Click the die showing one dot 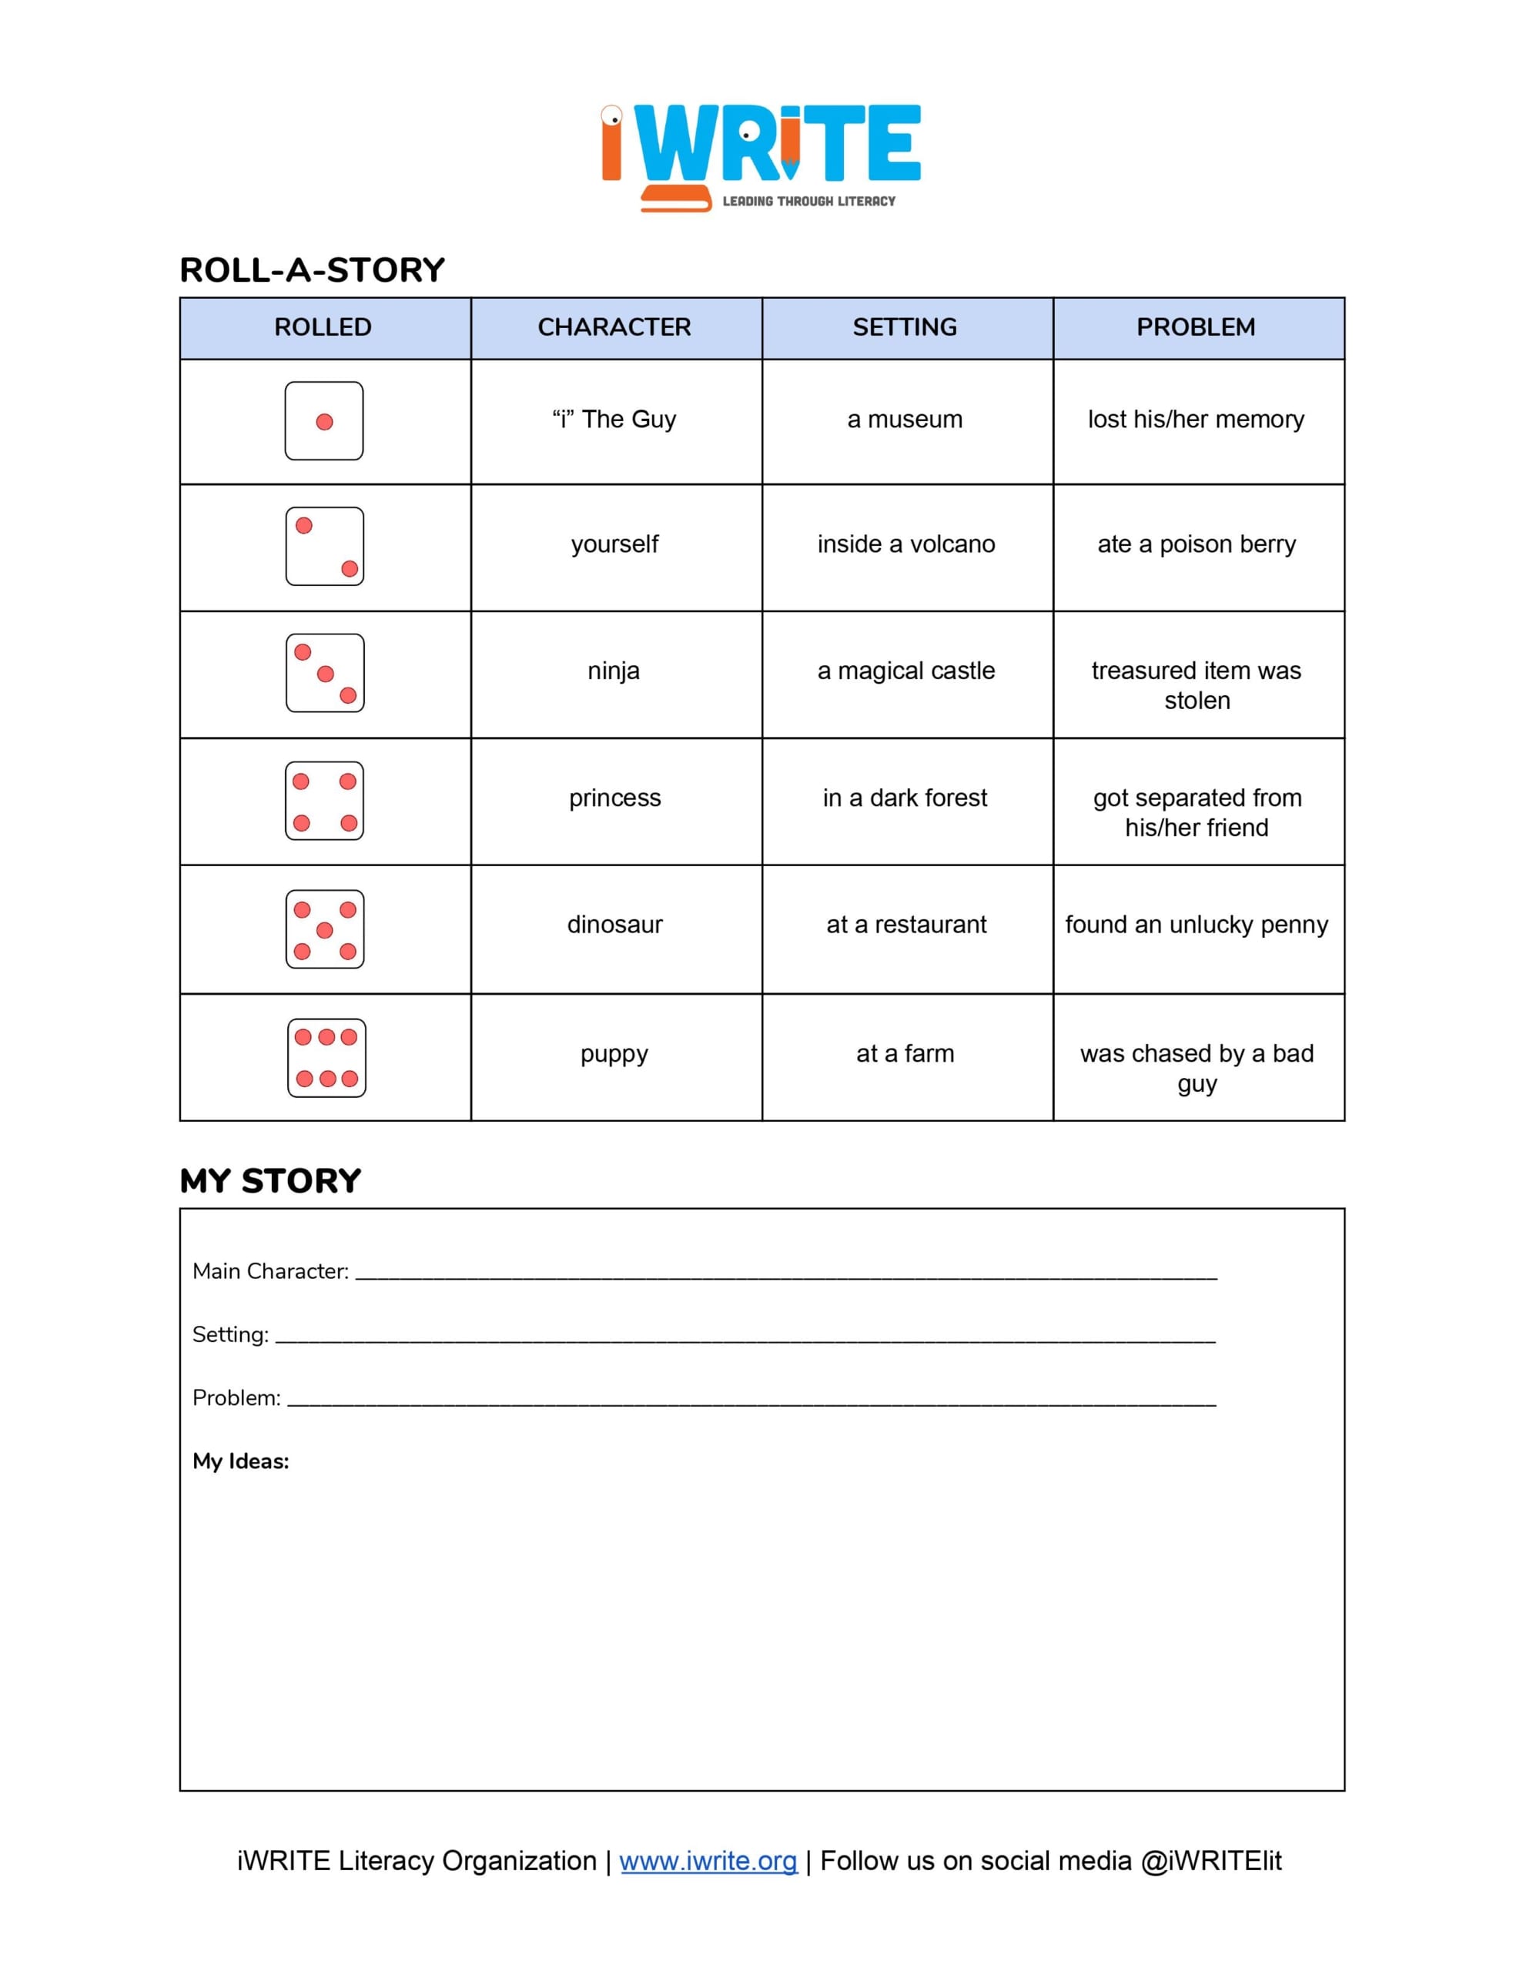pos(324,420)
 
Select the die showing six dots pos(326,1058)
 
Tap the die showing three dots pos(325,673)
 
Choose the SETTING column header pos(905,326)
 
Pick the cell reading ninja pos(614,671)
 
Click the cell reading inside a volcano pos(905,544)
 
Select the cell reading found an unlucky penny pos(1197,924)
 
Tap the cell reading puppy pos(614,1053)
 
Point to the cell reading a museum pos(905,419)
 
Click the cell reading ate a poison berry pos(1197,544)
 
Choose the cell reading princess pos(614,798)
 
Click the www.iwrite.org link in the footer pos(708,1861)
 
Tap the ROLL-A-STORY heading pos(313,269)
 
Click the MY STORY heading pos(270,1180)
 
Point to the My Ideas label pos(240,1461)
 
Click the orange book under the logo pos(675,198)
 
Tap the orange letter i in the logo pos(611,145)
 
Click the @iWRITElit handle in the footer pos(1210,1861)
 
